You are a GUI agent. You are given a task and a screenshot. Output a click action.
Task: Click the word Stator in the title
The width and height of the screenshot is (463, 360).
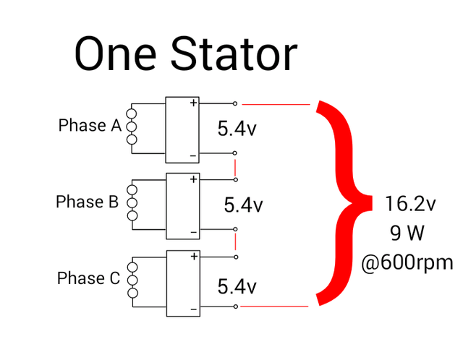(x=234, y=54)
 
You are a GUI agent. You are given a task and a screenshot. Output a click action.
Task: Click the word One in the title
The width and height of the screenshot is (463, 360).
(x=115, y=55)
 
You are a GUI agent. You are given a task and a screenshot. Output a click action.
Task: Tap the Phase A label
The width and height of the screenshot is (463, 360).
(x=90, y=125)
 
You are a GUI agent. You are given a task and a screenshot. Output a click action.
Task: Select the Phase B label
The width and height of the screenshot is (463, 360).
(x=87, y=202)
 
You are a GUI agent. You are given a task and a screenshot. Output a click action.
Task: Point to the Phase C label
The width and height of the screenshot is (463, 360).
(x=88, y=278)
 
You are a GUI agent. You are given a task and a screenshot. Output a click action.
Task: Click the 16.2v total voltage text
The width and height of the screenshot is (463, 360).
(x=410, y=204)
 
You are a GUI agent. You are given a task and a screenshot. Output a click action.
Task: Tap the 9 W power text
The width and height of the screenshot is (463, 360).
(x=407, y=233)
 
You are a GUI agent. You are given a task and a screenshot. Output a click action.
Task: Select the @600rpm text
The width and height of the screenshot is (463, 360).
(x=407, y=262)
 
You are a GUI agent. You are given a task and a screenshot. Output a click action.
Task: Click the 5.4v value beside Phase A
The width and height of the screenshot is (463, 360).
(x=237, y=129)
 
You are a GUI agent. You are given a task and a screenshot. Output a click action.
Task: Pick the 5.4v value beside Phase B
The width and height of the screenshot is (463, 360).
(x=243, y=205)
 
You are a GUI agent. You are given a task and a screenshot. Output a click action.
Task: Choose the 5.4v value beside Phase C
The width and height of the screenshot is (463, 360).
(x=237, y=286)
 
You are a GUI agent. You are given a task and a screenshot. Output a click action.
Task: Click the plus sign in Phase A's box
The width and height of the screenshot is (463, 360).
(x=193, y=103)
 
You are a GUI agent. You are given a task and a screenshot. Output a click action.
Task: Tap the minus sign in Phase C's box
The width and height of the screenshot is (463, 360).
(x=194, y=309)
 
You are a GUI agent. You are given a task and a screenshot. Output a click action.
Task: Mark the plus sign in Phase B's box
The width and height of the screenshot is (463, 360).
(x=193, y=179)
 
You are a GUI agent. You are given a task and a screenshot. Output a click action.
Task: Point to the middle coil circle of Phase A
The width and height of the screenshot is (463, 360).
(x=132, y=127)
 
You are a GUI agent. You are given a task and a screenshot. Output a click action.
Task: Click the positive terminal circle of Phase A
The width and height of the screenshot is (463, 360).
(x=235, y=103)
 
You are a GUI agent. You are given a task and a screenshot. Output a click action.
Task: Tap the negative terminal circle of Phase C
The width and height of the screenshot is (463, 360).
(x=236, y=307)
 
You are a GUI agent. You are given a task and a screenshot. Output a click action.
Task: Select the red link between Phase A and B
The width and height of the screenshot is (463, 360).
(x=235, y=166)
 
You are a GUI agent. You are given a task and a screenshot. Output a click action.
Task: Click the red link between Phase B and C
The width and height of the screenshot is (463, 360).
(x=236, y=241)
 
